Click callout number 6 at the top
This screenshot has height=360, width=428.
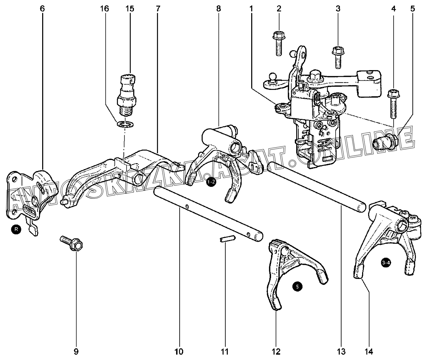pos(43,8)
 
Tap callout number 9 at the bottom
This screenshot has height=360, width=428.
pos(76,352)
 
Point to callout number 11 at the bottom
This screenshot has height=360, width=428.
pos(225,352)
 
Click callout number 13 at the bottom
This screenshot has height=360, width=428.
pos(341,352)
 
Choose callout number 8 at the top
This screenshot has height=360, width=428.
pos(218,8)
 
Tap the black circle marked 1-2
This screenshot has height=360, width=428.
pos(211,182)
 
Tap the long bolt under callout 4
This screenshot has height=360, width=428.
pos(393,104)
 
